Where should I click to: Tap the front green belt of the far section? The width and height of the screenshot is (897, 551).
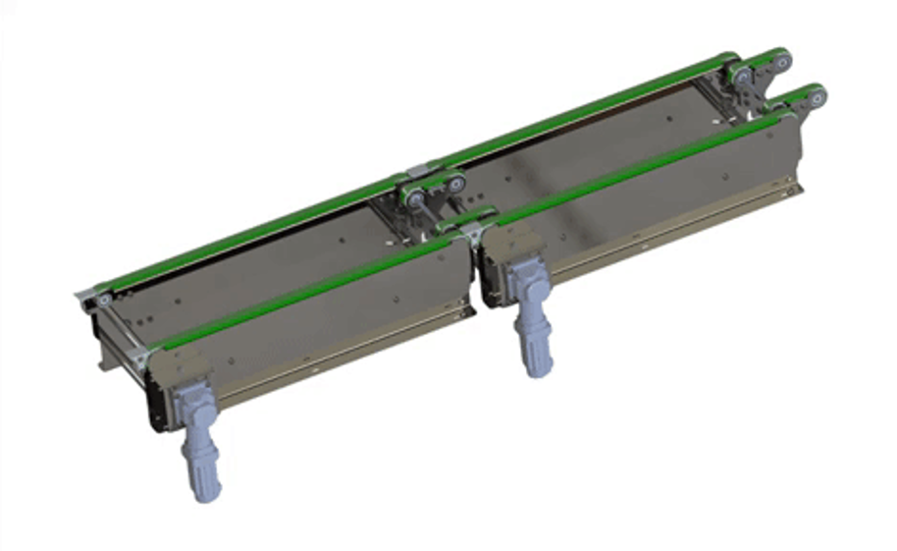coord(638,164)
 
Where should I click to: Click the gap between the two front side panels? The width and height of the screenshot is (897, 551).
coord(474,275)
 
